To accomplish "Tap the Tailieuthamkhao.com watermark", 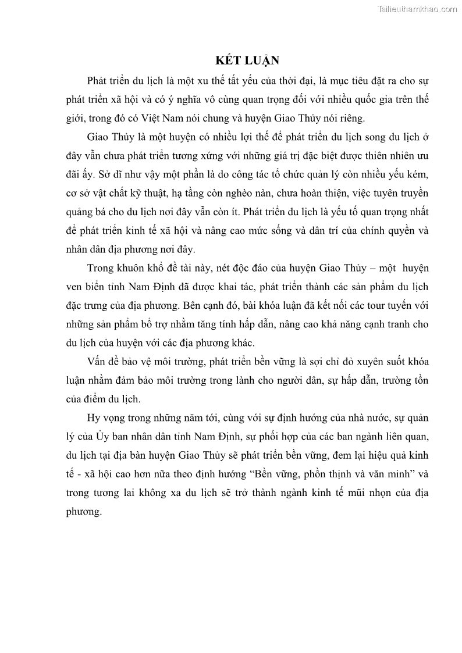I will [417, 9].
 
